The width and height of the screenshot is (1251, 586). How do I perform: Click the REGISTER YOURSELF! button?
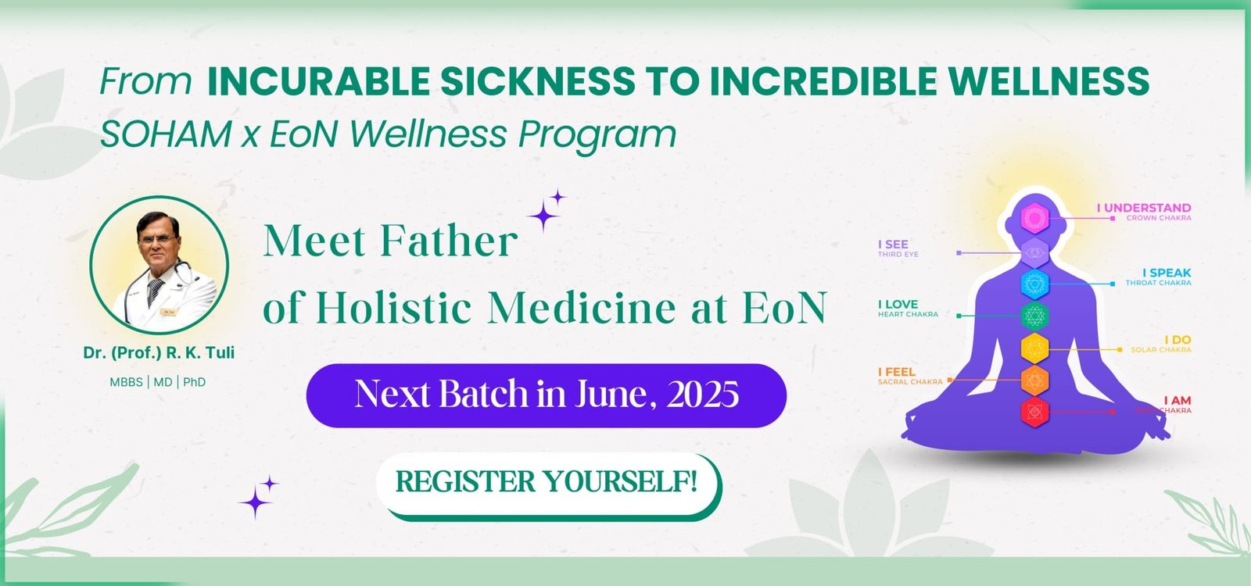[x=547, y=482]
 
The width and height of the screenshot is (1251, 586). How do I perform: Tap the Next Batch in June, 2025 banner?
[x=546, y=395]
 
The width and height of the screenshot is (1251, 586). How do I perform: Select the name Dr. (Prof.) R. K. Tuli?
[x=159, y=352]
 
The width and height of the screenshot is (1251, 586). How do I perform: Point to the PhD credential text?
[x=195, y=382]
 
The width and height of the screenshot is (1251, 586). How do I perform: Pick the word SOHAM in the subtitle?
[x=165, y=134]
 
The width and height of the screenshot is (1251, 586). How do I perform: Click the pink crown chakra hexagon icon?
[x=1034, y=218]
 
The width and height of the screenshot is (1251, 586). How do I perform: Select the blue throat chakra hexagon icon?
[x=1034, y=283]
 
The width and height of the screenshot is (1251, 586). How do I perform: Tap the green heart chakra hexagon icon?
[x=1034, y=316]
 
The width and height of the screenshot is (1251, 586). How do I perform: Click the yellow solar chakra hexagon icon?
[x=1034, y=348]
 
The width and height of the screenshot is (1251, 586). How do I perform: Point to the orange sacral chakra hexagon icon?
[x=1034, y=381]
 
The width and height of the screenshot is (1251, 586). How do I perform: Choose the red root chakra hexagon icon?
[x=1034, y=411]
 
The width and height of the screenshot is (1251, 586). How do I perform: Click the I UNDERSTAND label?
[x=1143, y=208]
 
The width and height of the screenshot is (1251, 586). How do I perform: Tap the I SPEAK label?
[x=1166, y=273]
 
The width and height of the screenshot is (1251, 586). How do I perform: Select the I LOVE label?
[x=898, y=305]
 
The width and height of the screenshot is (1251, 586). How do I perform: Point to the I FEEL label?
[x=896, y=372]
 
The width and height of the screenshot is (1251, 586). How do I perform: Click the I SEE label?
[x=893, y=245]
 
